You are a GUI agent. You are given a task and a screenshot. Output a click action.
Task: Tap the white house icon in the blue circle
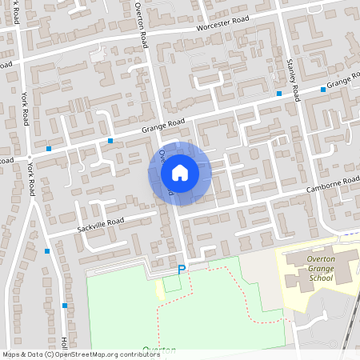(x=179, y=173)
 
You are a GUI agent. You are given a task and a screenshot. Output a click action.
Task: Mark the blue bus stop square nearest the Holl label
(x=65, y=306)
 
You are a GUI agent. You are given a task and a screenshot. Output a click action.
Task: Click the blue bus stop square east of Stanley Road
(x=323, y=90)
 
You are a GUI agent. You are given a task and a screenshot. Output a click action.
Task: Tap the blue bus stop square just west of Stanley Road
(x=278, y=94)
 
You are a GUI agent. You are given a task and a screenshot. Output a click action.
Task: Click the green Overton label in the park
(x=159, y=350)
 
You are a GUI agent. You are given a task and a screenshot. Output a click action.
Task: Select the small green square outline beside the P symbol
(x=172, y=283)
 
